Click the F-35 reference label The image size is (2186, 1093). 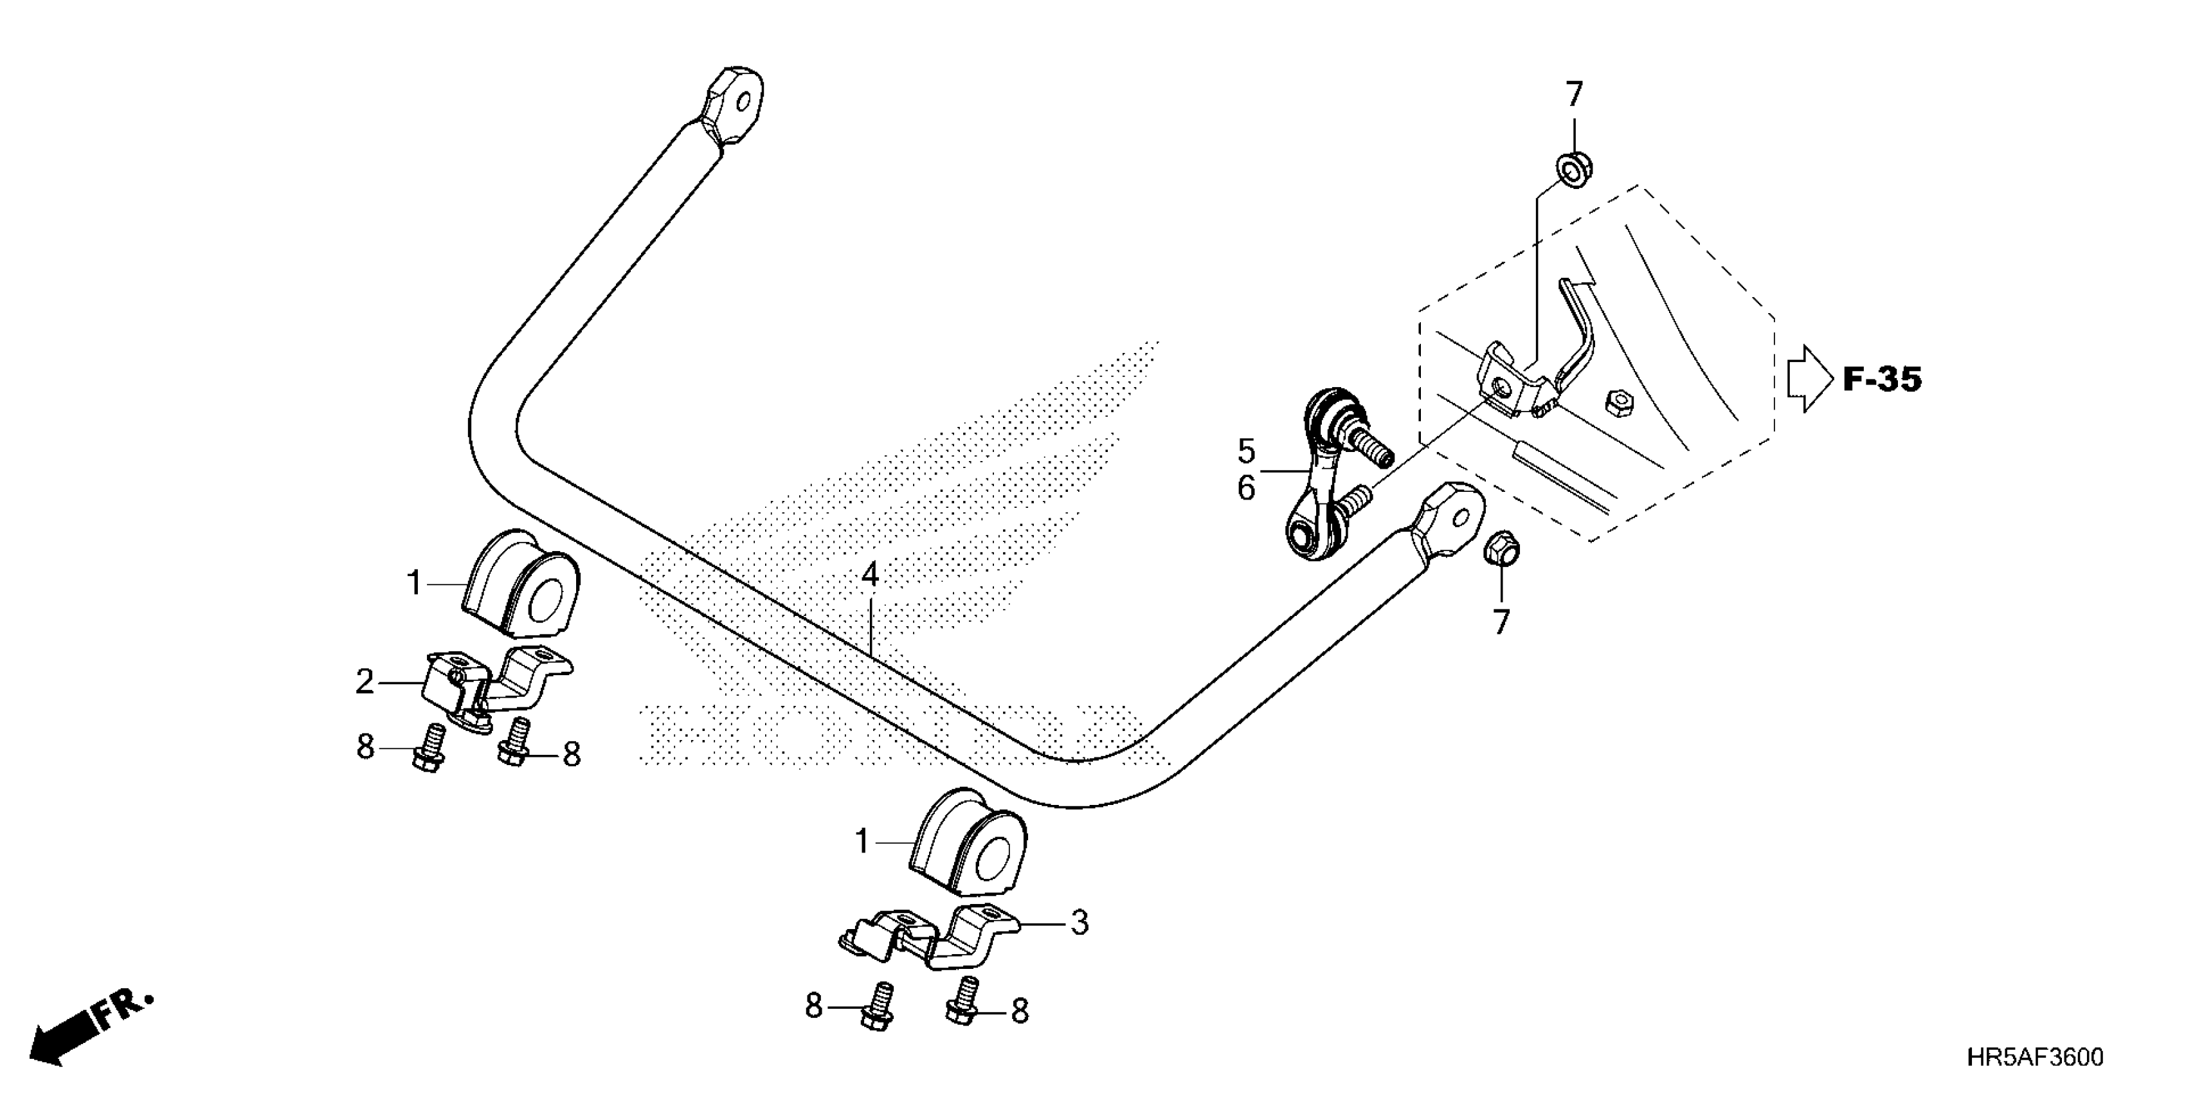point(1881,379)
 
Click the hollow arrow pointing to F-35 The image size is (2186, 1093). point(1810,379)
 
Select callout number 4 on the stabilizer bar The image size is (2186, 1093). point(869,576)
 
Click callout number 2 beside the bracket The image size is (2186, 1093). point(365,682)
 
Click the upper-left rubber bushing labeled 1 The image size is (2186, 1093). point(521,584)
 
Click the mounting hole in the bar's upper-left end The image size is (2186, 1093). point(743,103)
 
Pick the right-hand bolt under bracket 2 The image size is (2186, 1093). point(514,743)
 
